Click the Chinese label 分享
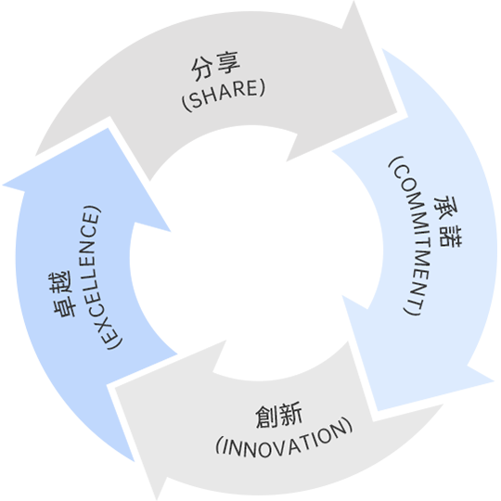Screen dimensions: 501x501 tap(215, 66)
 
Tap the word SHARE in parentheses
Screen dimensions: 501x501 tap(224, 94)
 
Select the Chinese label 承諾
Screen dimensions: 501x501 tap(447, 222)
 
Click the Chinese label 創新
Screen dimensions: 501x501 tap(278, 415)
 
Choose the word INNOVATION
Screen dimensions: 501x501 tap(285, 441)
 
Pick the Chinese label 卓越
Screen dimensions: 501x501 tap(63, 294)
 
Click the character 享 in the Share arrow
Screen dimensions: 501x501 tap(227, 62)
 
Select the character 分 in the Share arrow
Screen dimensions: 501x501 tap(202, 70)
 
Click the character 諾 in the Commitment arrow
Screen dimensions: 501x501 tap(450, 236)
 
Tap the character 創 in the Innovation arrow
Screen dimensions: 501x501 tap(266, 416)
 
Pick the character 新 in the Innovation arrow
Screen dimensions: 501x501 tap(290, 414)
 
